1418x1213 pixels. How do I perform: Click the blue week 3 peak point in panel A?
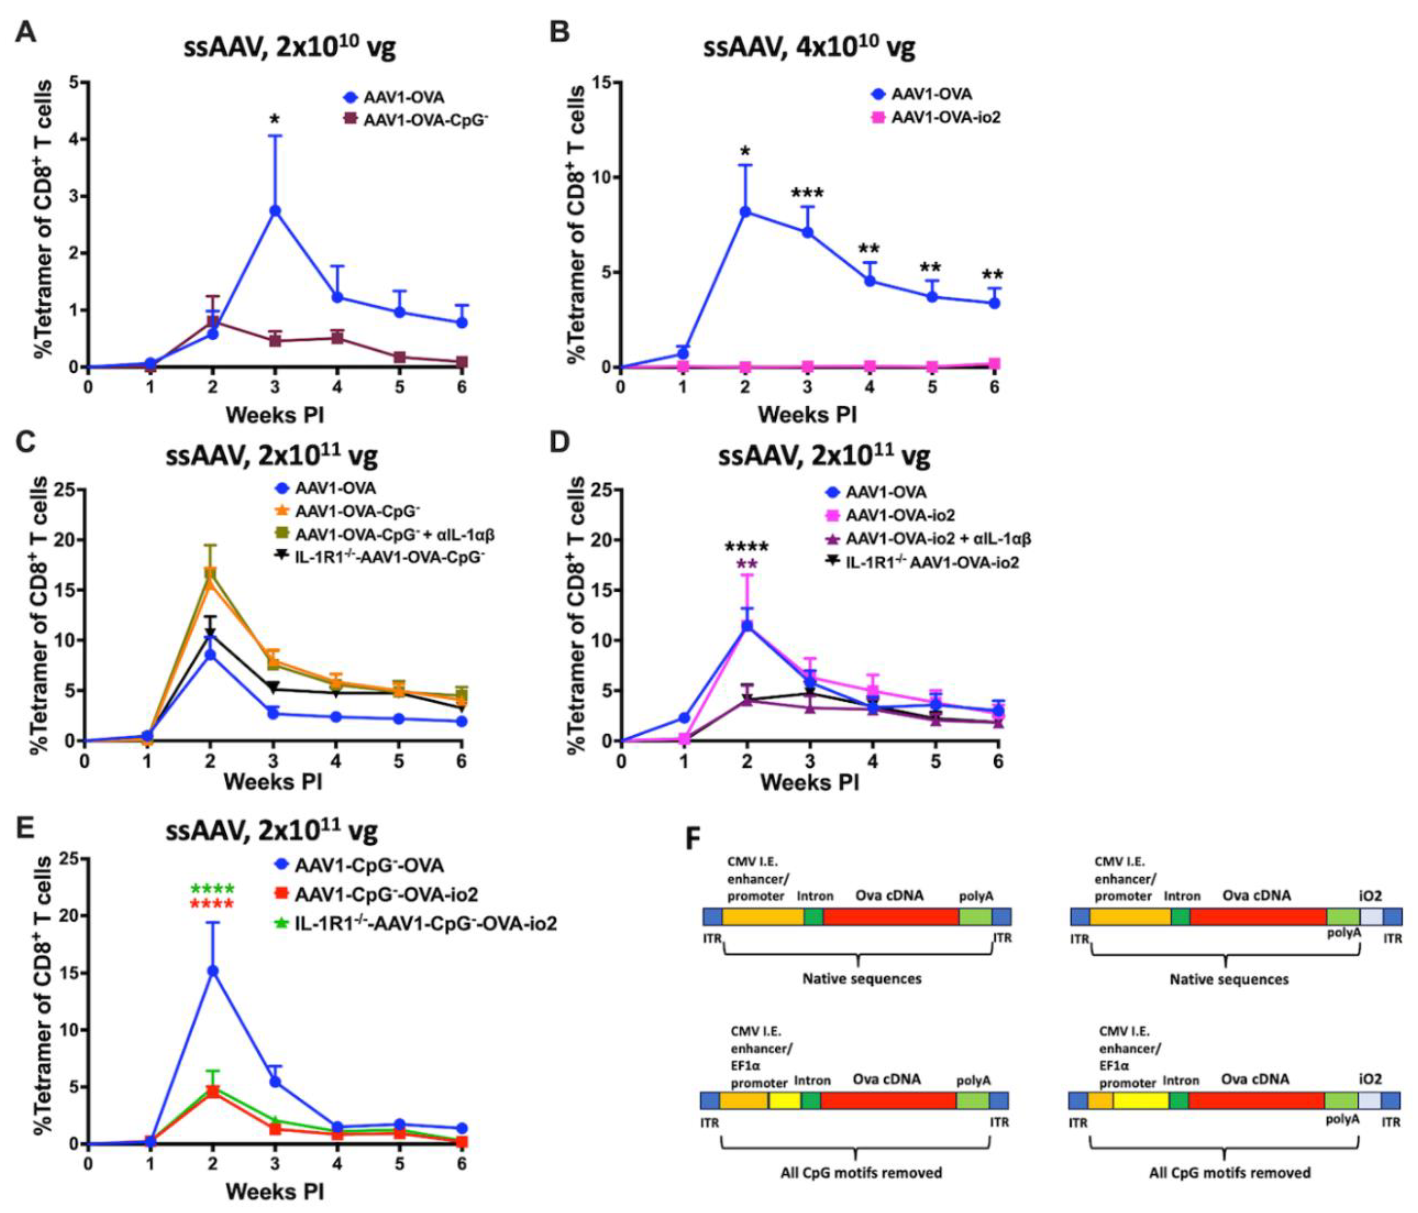point(275,211)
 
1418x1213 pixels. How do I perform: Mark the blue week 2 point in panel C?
point(211,655)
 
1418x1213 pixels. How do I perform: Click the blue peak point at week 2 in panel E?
point(213,970)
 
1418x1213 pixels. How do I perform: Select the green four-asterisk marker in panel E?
point(213,889)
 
